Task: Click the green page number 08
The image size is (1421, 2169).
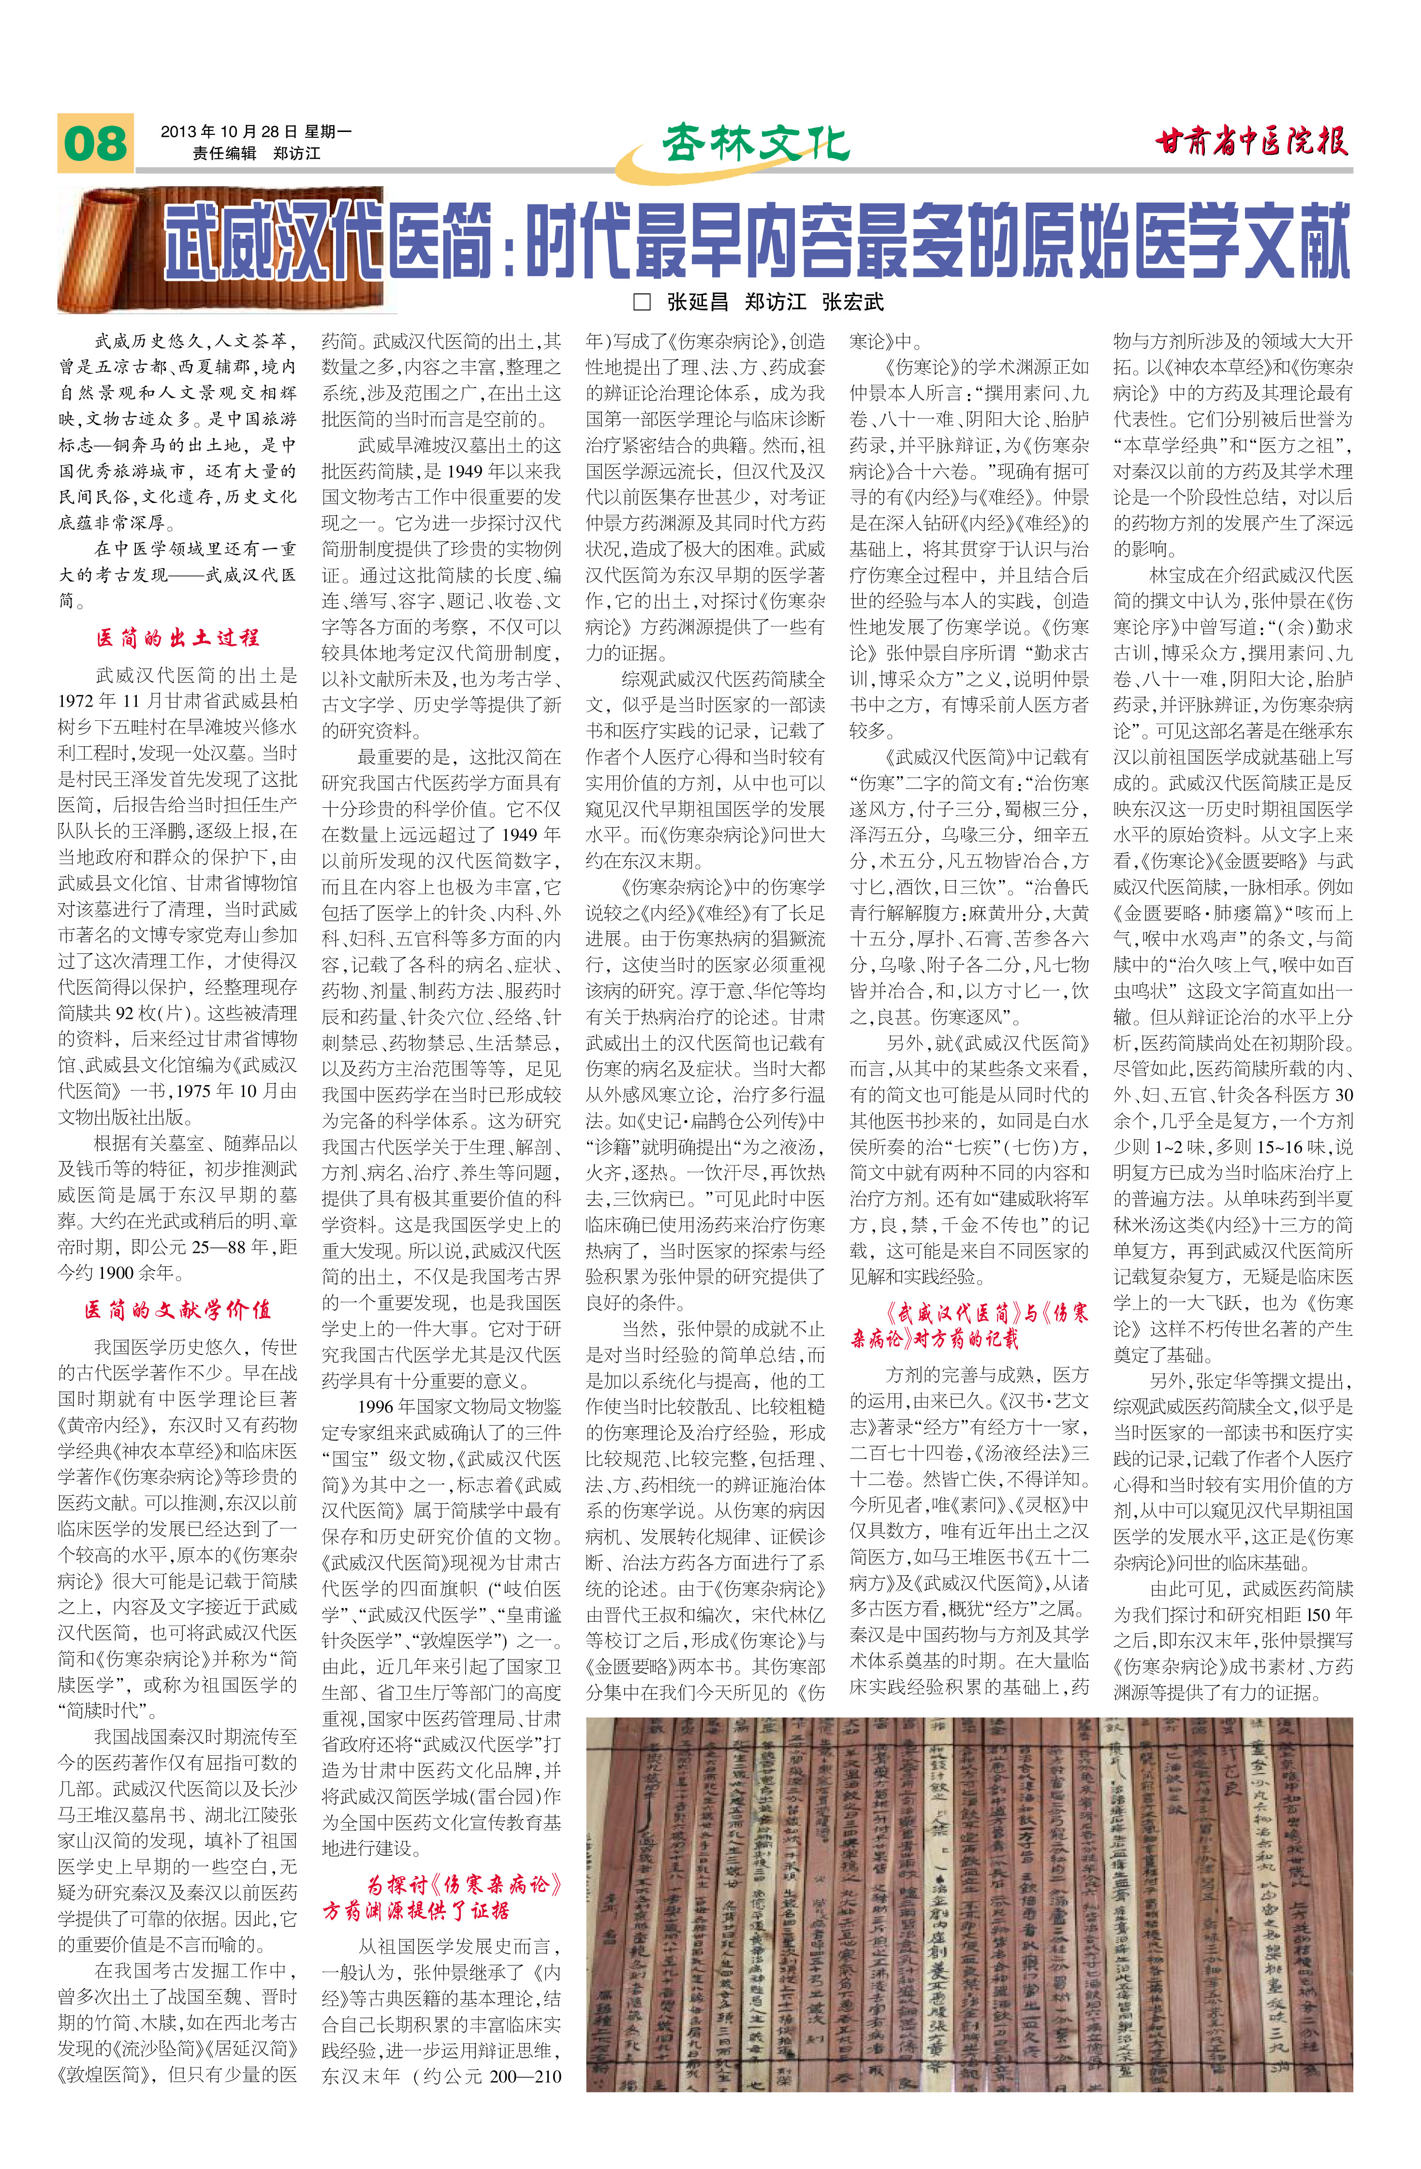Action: point(95,143)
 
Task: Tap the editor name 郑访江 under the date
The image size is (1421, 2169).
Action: point(297,153)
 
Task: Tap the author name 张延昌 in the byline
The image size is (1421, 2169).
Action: point(697,302)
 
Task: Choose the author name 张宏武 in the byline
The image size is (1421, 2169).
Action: point(853,302)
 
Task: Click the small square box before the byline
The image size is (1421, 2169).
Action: point(642,302)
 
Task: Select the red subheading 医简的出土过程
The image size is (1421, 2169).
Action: point(178,637)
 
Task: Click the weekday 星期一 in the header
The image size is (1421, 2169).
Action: point(328,131)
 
